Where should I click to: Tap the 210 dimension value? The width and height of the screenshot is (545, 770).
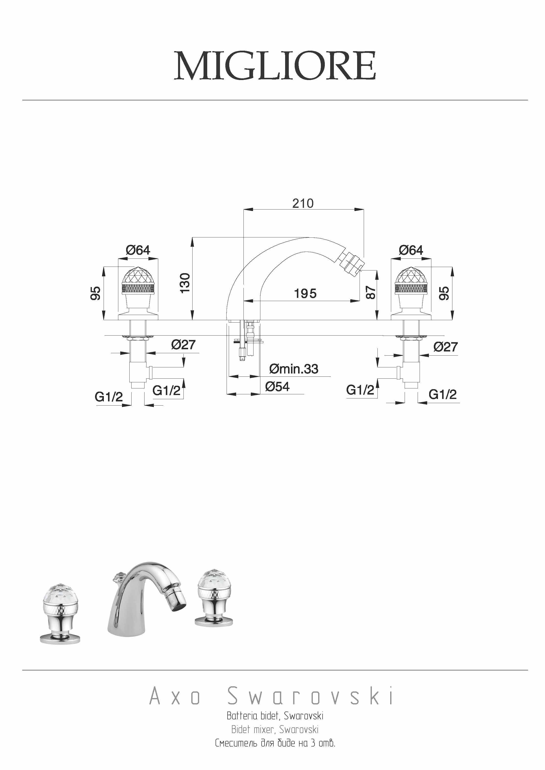(x=303, y=203)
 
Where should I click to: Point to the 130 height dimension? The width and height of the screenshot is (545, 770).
(x=185, y=283)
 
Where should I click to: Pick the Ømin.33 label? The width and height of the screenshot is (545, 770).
(x=294, y=369)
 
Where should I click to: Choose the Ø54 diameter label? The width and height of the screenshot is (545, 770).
(x=277, y=387)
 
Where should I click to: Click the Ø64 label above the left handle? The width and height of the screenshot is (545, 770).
(x=138, y=250)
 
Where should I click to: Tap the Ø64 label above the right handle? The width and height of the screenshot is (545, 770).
(x=411, y=250)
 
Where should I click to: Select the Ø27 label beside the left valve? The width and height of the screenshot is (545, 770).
(x=183, y=344)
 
